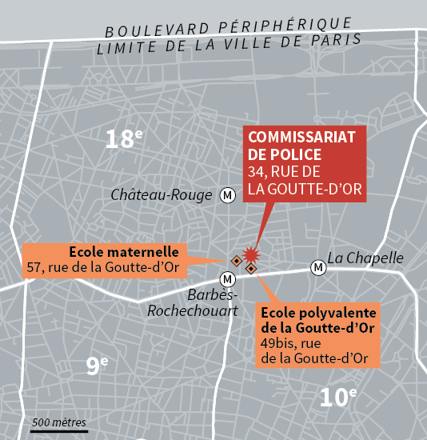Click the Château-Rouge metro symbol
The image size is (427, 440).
228,195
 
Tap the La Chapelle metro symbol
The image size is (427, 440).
319,266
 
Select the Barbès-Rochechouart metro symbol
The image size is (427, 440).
228,278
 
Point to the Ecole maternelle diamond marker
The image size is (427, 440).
236,261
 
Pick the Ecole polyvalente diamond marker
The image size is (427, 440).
250,269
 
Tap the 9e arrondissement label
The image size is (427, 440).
97,366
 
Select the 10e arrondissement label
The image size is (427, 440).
337,396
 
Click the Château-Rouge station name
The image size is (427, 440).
162,195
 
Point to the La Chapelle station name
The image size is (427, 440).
365,258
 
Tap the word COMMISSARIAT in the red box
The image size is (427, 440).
302,136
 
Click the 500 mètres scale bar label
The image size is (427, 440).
58,422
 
